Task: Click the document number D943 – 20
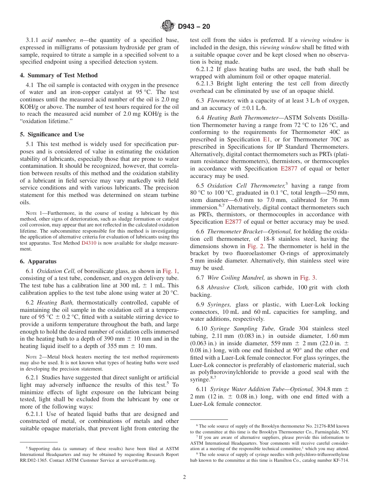(194, 26)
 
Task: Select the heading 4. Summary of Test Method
(59, 75)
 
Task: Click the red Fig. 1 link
(170, 271)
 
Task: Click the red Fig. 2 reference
(254, 246)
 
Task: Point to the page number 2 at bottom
(184, 477)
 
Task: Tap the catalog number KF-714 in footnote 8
(340, 460)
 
